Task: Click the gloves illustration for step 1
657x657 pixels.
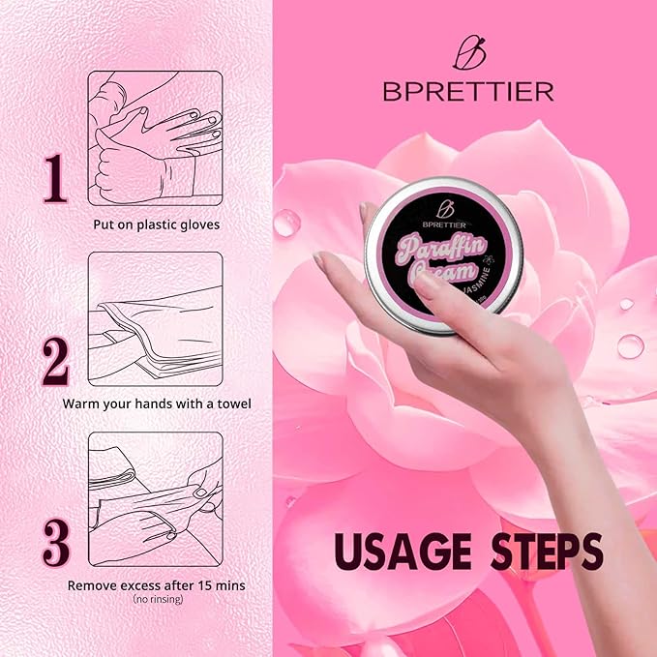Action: (x=156, y=138)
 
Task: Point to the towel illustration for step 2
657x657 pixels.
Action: (x=156, y=318)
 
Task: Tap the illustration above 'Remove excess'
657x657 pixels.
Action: (x=156, y=498)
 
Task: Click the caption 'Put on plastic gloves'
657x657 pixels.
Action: (x=156, y=224)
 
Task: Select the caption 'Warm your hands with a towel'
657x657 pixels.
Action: (x=156, y=403)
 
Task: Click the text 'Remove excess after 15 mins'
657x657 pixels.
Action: (x=156, y=585)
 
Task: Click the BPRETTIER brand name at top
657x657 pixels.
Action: (x=467, y=92)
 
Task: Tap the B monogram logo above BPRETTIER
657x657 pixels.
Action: (x=467, y=52)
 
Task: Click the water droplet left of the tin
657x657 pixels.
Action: (x=287, y=224)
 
